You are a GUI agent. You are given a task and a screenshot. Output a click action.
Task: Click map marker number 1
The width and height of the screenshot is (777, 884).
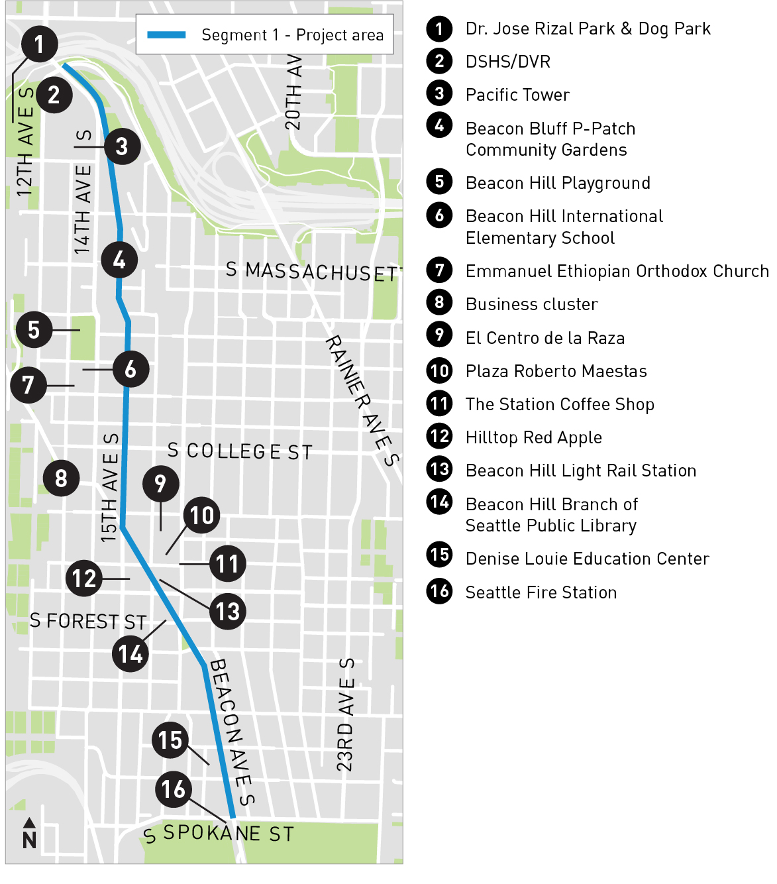click(x=39, y=44)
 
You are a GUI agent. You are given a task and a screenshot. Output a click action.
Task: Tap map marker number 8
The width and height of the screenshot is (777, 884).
click(x=61, y=478)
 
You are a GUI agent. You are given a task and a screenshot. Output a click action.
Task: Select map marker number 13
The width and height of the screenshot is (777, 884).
click(x=228, y=611)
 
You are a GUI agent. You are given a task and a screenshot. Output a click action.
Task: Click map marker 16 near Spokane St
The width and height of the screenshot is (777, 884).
click(x=174, y=789)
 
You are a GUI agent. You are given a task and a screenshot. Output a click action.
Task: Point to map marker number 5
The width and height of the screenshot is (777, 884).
click(x=34, y=329)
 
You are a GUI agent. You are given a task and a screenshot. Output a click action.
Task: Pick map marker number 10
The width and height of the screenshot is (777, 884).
click(x=202, y=515)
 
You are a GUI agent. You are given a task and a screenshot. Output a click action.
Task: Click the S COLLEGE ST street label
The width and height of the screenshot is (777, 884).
click(x=240, y=451)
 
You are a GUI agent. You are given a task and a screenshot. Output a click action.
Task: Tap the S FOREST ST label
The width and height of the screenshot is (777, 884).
click(x=88, y=622)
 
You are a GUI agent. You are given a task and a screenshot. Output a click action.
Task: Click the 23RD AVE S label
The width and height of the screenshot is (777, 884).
click(x=345, y=714)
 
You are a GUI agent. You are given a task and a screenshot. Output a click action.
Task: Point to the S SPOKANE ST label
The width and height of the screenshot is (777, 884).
click(x=219, y=834)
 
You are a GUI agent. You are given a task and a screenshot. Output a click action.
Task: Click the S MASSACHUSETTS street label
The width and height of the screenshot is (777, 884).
click(x=313, y=272)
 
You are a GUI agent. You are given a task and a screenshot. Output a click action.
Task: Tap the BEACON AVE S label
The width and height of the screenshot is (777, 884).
click(x=232, y=731)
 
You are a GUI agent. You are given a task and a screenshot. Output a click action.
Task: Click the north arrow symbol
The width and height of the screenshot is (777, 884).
click(x=29, y=832)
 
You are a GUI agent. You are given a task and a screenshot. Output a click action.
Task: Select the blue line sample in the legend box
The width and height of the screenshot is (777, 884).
click(x=166, y=34)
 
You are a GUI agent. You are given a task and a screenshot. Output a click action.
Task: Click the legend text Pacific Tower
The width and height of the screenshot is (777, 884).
click(x=517, y=95)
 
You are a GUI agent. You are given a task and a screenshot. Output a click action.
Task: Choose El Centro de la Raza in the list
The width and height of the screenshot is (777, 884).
click(x=545, y=338)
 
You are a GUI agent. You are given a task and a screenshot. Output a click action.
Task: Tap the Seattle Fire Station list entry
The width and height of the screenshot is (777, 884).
click(x=541, y=592)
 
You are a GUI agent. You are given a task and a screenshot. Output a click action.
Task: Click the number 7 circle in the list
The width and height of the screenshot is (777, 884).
click(x=439, y=270)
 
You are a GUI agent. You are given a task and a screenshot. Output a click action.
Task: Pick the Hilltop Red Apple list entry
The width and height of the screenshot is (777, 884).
click(x=534, y=437)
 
